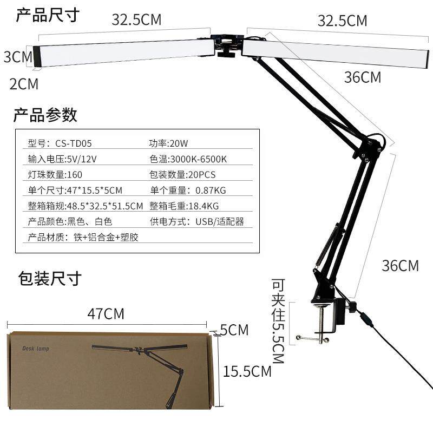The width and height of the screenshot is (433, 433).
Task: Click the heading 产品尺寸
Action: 48,15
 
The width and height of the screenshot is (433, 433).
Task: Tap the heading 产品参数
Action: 45,115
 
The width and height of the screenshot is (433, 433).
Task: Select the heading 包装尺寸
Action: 50,278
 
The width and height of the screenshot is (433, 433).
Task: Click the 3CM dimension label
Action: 18,57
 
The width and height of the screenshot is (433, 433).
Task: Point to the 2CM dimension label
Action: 24,84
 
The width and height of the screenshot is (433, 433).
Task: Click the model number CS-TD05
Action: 74,143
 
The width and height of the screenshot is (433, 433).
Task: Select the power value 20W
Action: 179,143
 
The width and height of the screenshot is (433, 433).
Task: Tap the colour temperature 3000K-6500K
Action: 199,159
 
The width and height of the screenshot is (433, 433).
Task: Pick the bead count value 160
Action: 75,174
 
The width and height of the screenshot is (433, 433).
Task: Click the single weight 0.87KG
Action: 211,191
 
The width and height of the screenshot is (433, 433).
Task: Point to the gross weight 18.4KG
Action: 204,206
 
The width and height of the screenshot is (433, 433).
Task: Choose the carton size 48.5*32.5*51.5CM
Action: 105,206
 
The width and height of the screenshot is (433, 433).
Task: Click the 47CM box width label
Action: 106,314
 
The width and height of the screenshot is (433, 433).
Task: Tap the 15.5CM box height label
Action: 247,371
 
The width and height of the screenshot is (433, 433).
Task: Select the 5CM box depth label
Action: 234,330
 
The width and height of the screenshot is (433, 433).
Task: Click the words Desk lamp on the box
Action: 36,349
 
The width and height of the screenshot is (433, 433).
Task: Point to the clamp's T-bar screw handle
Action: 312,339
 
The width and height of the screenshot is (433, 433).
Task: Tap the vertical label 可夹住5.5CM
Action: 278,321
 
